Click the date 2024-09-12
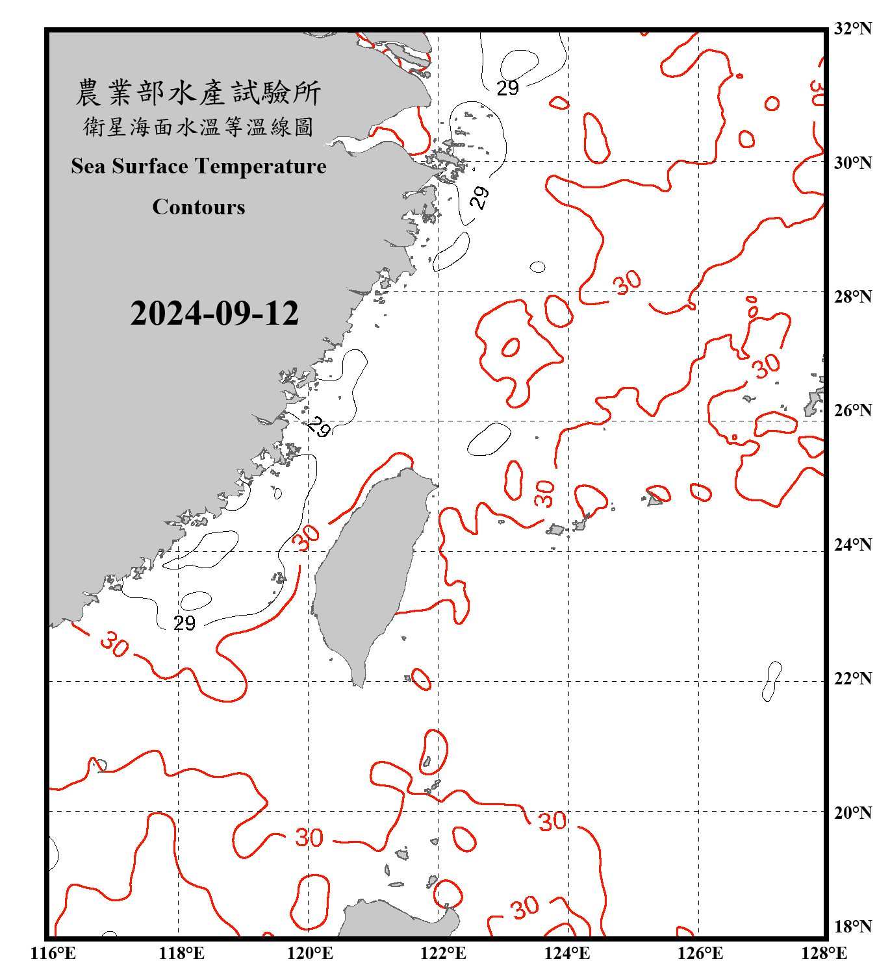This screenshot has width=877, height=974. [214, 314]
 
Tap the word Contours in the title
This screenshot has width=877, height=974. [199, 207]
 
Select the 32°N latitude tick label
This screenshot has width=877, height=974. [852, 29]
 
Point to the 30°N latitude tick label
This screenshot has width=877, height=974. [852, 162]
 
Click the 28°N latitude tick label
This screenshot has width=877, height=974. [852, 297]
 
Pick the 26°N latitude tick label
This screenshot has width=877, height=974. [852, 410]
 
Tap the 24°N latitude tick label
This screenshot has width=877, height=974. [852, 544]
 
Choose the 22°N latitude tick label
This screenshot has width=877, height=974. [852, 679]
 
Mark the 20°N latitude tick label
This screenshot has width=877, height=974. [852, 812]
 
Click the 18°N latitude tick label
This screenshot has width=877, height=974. [852, 927]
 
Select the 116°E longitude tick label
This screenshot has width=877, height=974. [53, 953]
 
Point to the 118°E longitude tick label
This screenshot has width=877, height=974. [181, 953]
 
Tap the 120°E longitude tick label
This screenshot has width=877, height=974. [310, 953]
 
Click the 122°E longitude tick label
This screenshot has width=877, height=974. [443, 953]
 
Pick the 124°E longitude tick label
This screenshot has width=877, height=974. [567, 953]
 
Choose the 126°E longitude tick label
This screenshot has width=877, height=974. [700, 953]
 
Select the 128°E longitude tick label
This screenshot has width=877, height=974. [824, 953]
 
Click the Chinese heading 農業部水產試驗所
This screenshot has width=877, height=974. [198, 93]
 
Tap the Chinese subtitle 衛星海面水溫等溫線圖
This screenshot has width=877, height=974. [198, 127]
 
